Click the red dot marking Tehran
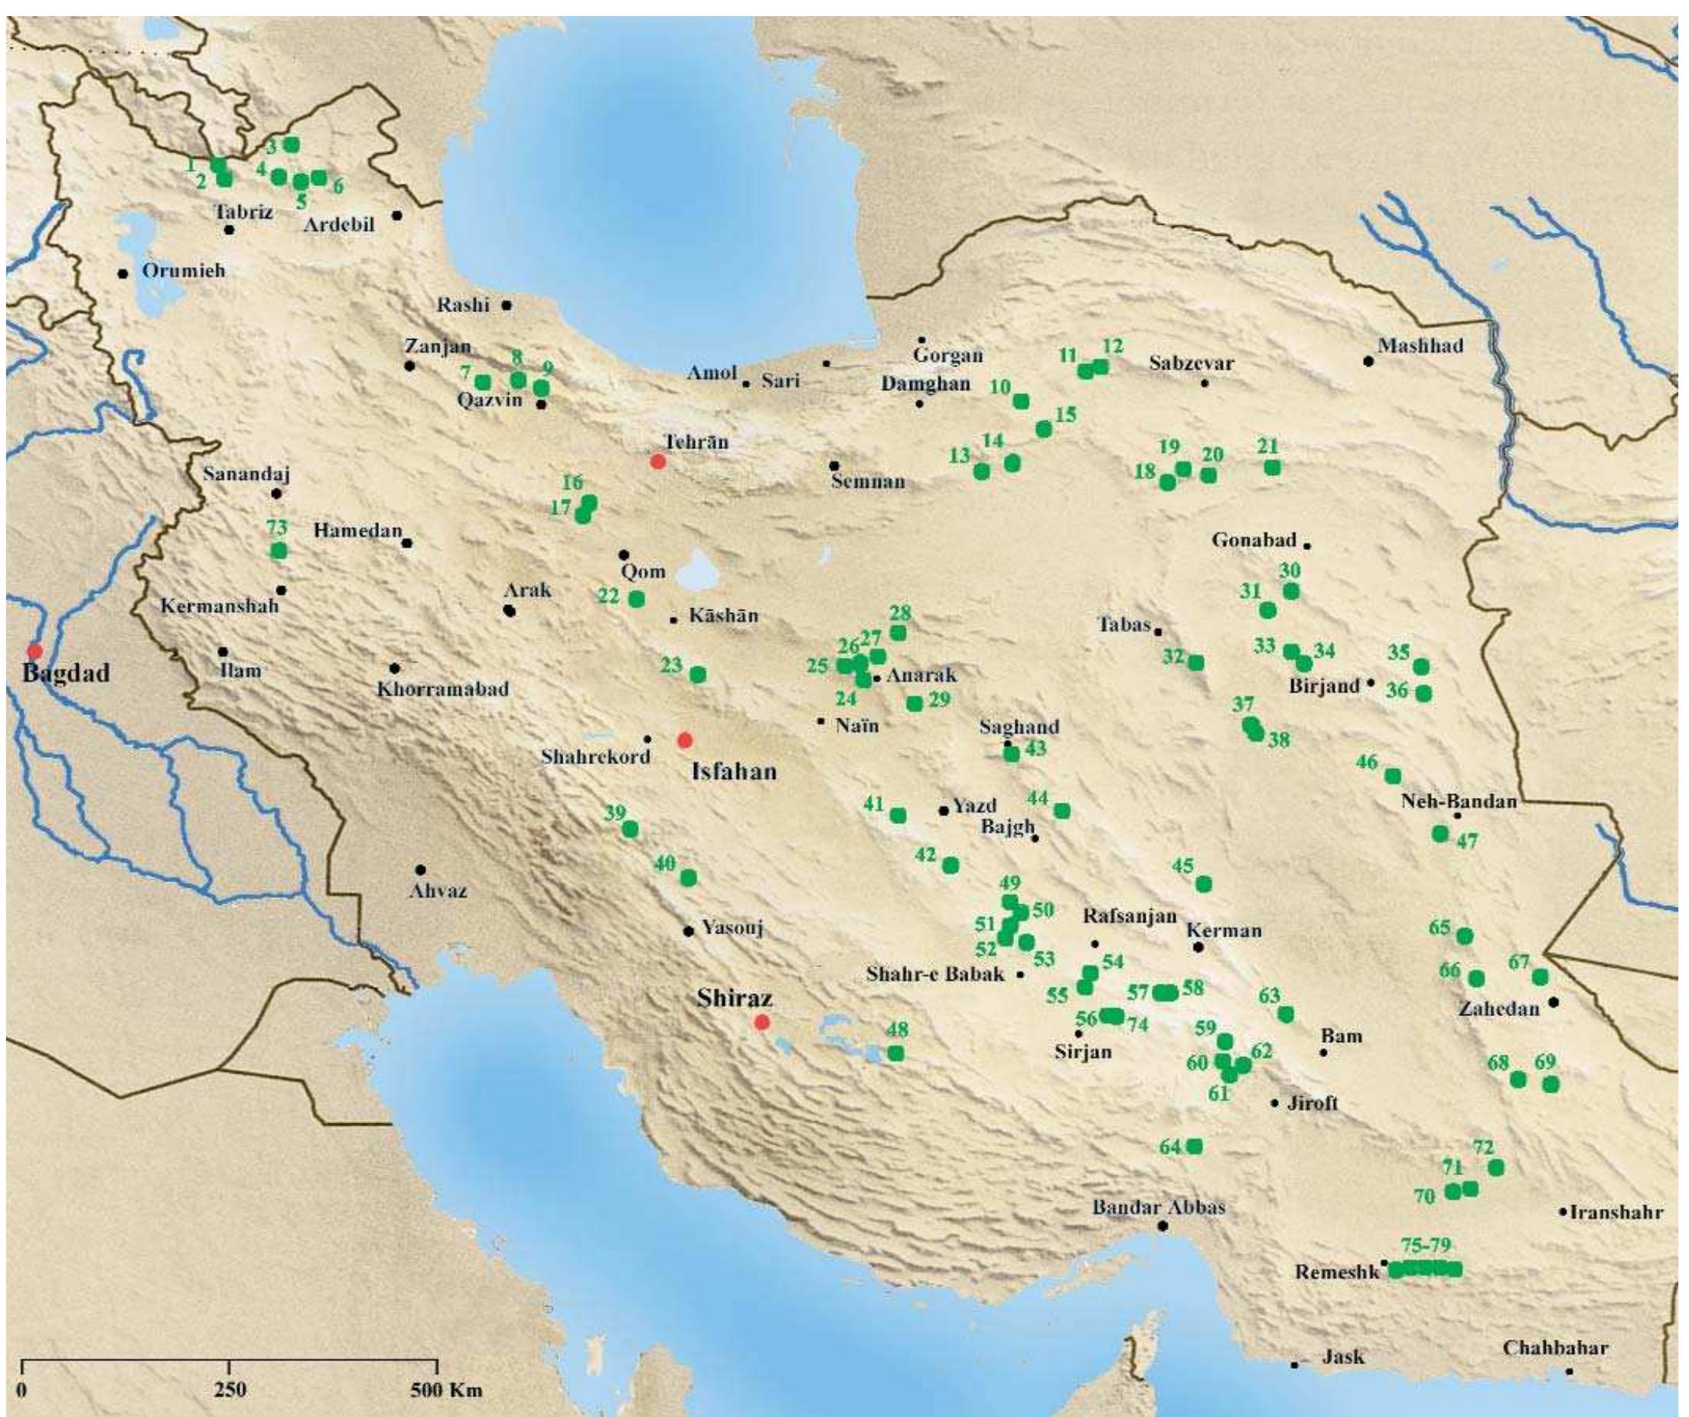[658, 461]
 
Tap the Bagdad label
[65, 673]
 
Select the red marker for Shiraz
[761, 1022]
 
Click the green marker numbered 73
[279, 551]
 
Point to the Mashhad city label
[1420, 347]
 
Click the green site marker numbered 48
[896, 1053]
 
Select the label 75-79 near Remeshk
[1425, 1246]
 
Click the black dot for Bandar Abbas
[1162, 1226]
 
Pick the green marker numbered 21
[1272, 467]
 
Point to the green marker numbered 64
[1195, 1146]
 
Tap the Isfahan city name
[735, 772]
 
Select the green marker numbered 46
[1393, 776]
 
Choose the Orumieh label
[184, 271]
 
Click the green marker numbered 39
[631, 829]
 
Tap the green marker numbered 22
[636, 599]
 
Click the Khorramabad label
[442, 689]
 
